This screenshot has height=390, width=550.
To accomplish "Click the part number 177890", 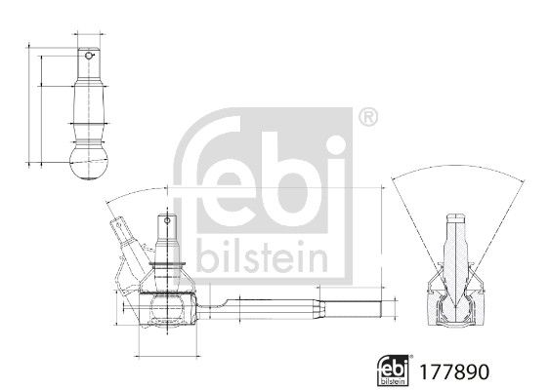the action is pos(454,371).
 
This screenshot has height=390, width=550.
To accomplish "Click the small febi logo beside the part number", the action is pos(394,370).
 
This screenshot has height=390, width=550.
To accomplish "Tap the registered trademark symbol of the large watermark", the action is pos(368,118).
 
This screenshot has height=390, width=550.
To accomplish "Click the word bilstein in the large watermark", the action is pos(262,255).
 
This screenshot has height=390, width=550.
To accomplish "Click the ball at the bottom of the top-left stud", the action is pos(88,164).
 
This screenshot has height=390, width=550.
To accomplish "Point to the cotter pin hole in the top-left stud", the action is pos(88,56).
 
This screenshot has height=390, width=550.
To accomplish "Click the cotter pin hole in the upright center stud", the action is pos(167,220).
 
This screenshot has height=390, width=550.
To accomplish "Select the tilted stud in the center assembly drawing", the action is pos(129,246).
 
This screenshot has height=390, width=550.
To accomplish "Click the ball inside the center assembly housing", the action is pos(167,307).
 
